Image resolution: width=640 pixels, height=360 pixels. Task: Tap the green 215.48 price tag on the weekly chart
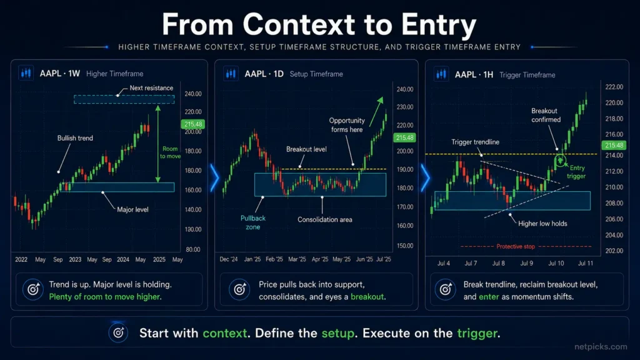pos(193,124)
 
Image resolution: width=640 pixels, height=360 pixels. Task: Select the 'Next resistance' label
pos(151,87)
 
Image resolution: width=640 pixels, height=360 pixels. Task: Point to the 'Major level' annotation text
pos(132,209)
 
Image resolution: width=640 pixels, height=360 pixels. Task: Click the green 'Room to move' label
pos(170,152)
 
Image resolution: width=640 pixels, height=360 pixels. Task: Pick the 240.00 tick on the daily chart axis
pos(405,89)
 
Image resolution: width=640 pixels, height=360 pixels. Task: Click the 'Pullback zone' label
pos(253,222)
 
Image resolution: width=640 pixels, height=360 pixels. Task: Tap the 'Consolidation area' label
pos(324,219)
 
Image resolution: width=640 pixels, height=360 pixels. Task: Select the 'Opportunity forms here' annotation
pos(347,125)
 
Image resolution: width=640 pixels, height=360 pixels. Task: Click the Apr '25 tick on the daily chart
pos(319,259)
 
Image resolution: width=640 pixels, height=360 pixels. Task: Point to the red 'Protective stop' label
pos(516,246)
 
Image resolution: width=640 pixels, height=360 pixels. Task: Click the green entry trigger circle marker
pos(561,161)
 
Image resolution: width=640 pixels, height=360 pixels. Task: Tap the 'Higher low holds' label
pos(542,224)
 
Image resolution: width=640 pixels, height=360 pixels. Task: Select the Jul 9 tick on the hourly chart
pos(526,263)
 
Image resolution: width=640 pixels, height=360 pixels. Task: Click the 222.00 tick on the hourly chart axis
pos(614,87)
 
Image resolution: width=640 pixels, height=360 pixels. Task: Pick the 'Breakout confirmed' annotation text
pos(545,115)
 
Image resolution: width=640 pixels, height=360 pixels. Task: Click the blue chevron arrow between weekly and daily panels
pos(215,178)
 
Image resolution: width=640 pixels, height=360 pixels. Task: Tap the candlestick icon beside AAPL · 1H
pos(441,74)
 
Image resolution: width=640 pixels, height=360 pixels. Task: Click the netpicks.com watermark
pos(601,346)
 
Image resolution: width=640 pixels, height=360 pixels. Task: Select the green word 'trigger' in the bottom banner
pos(477,334)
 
